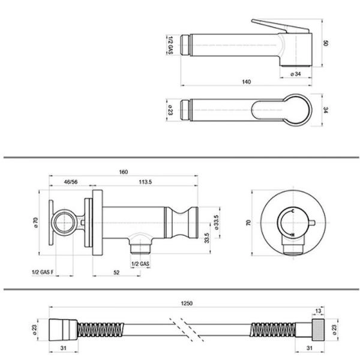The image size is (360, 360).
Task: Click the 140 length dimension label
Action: coord(246,82)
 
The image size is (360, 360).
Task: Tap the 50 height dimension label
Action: coord(326,43)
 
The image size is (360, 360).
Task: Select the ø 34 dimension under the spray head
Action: coord(295,74)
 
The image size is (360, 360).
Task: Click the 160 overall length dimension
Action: coord(123,172)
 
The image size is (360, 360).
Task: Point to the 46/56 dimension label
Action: coord(71,182)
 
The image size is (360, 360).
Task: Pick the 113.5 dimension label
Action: coord(145,182)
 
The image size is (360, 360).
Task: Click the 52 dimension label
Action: coord(116,272)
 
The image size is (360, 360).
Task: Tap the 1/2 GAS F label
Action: coord(43,272)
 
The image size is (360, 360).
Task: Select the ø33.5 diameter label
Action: coord(216,222)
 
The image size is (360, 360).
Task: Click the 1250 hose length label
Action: coord(187,303)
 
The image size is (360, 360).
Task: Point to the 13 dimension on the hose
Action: coord(318,311)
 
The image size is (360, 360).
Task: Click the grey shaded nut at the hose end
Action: coord(318,329)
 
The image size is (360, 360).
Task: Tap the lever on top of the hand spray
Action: coord(280,26)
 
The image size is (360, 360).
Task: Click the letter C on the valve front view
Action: coord(293,211)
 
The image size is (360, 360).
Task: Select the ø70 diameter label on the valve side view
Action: coord(35,222)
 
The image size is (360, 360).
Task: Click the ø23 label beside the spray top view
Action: coord(170,110)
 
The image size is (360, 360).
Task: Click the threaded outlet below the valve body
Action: coord(140,249)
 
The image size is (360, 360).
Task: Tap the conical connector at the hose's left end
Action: coord(63,329)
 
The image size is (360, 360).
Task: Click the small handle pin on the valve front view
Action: coord(313,223)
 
